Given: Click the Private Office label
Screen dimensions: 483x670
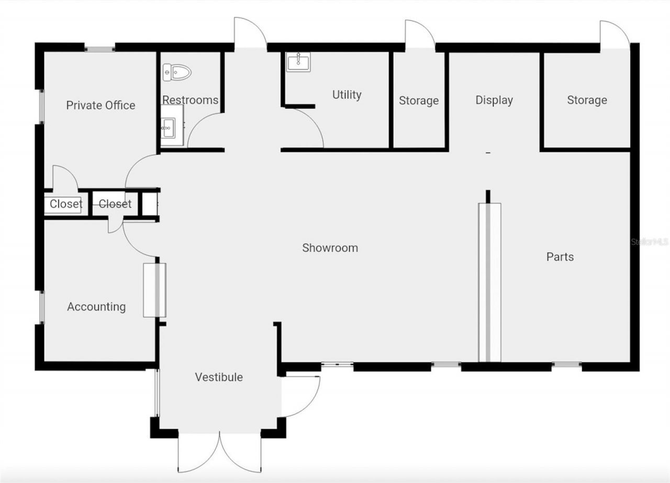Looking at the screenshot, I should click(x=100, y=105).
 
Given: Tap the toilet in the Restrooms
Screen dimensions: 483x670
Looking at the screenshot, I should click(x=175, y=72).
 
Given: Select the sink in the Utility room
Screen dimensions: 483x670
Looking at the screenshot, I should click(x=298, y=62).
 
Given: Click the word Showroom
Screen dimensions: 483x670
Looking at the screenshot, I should click(x=330, y=248).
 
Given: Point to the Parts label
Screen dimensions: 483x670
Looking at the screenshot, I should click(x=560, y=256).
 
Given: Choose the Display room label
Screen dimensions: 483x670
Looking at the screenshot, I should click(x=494, y=100).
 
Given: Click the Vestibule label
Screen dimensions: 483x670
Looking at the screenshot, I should click(x=219, y=377).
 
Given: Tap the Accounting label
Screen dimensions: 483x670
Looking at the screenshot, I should click(x=96, y=307).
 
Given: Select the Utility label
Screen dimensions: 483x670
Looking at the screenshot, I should click(x=347, y=95).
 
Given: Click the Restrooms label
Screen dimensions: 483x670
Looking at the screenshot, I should click(x=190, y=100).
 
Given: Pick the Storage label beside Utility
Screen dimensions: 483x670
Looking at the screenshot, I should click(x=419, y=100).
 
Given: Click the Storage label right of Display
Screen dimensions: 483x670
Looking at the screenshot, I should click(x=587, y=100).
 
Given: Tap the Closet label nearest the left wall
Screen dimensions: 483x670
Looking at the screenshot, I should click(x=66, y=204).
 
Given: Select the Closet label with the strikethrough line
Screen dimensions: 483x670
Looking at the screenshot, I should click(x=115, y=204).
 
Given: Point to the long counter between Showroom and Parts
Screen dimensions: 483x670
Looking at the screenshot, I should click(x=489, y=282).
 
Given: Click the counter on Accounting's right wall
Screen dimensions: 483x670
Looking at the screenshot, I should click(x=154, y=290).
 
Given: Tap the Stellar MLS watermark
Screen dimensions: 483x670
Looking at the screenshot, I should click(x=650, y=242).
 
